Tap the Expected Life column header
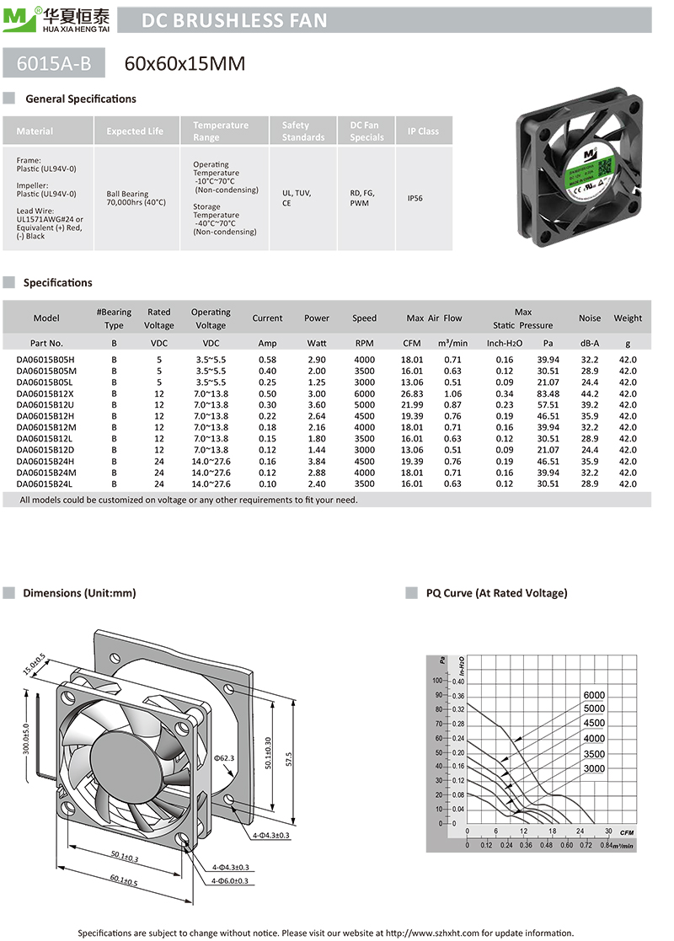click(x=135, y=131)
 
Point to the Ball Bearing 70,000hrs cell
click(x=136, y=198)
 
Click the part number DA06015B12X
click(x=45, y=393)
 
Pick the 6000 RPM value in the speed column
click(x=364, y=393)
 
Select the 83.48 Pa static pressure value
click(x=548, y=393)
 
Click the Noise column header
click(x=590, y=318)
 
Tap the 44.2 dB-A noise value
click(x=590, y=393)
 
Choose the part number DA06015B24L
click(x=46, y=484)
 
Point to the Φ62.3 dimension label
click(x=224, y=757)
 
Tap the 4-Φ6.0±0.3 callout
click(x=230, y=880)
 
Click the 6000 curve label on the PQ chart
click(x=594, y=695)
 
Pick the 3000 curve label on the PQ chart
click(x=594, y=768)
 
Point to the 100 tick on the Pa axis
click(x=437, y=680)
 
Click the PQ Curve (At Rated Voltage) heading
click(x=496, y=593)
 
